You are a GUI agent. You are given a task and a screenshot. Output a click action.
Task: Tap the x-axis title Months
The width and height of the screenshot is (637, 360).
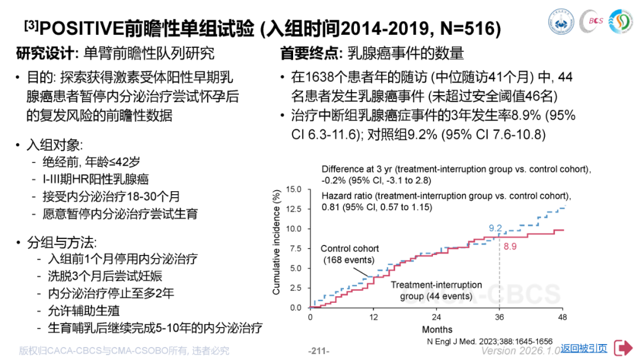tap(437, 329)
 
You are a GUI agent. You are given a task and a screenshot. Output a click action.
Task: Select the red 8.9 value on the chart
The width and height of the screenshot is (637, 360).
tap(511, 245)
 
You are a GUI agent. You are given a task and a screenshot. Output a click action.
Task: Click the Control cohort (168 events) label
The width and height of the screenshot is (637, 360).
tap(350, 254)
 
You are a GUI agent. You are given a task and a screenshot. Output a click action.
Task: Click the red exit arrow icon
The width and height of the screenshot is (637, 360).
tap(622, 348)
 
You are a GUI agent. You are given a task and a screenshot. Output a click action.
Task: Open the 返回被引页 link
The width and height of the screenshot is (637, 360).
tap(583, 348)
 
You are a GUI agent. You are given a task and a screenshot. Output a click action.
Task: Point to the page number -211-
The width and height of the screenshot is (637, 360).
tap(318, 351)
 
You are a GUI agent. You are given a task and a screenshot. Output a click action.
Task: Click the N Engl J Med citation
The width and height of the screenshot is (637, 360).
tap(489, 341)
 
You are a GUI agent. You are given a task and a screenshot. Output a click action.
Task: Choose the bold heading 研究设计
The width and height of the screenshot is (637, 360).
tap(43, 53)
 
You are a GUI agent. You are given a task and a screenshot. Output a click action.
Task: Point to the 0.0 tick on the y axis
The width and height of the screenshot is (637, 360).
tap(295, 308)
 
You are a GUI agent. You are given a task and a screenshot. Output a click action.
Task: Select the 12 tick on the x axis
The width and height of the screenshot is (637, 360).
tap(373, 317)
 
